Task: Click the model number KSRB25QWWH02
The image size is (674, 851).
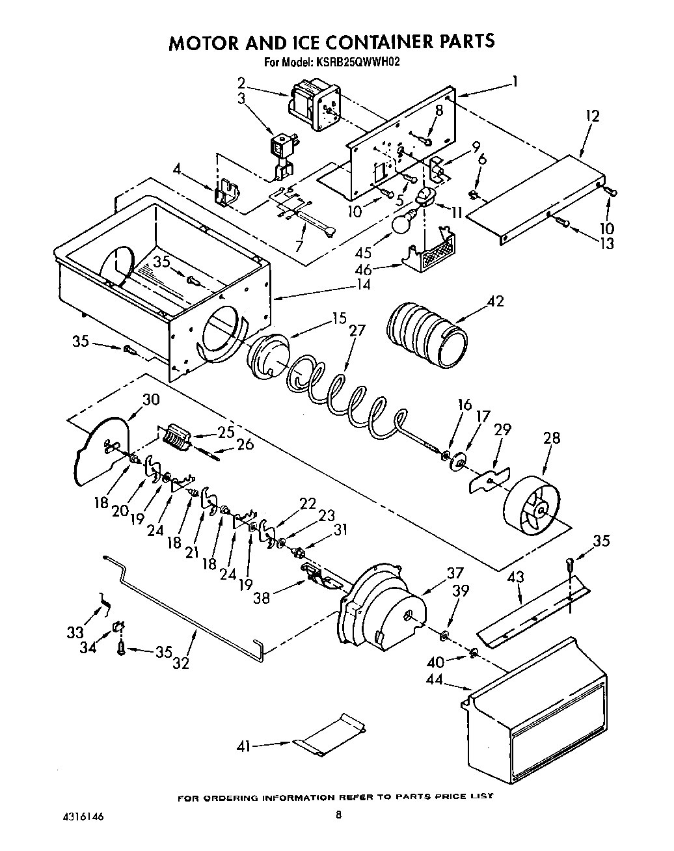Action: tap(358, 63)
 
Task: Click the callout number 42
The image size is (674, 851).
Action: tap(495, 301)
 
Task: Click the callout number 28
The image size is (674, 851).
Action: tap(551, 437)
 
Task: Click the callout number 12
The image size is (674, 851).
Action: tap(592, 116)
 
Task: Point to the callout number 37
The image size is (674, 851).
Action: tap(455, 573)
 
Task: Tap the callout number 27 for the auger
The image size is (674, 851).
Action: tap(357, 331)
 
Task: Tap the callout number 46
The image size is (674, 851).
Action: tap(362, 269)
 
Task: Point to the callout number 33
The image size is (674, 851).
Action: tap(75, 631)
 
